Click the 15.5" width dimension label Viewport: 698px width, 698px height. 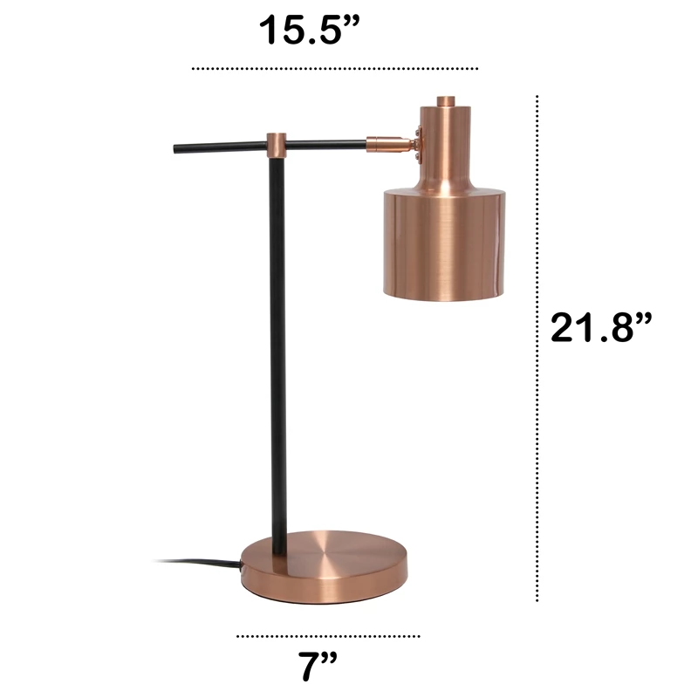pos(309,30)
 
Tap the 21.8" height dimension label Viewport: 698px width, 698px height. pos(601,327)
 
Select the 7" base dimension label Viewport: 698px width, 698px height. pos(318,667)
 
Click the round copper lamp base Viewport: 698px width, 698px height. pos(325,567)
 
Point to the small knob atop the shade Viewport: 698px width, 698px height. pos(445,101)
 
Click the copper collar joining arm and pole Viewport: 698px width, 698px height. pos(276,145)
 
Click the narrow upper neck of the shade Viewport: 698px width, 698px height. pos(445,147)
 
